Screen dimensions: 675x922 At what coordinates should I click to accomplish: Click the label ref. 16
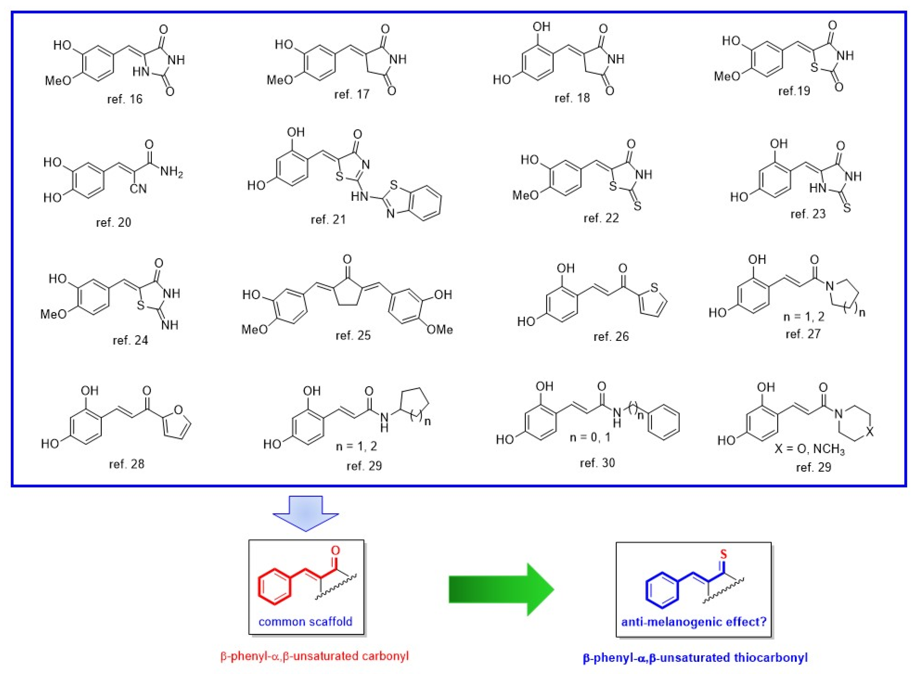pos(125,99)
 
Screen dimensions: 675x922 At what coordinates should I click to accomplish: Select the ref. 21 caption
pos(328,220)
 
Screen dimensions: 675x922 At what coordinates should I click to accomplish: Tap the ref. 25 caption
pos(353,335)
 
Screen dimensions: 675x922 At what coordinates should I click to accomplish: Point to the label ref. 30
pos(597,463)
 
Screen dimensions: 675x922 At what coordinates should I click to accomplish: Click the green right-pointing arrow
pos(501,589)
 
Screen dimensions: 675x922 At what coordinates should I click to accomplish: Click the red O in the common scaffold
pos(335,550)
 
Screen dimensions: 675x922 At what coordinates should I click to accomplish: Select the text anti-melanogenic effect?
pos(693,622)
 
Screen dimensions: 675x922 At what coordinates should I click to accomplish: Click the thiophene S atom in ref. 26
pos(654,288)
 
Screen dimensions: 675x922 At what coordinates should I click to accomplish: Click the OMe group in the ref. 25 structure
pos(440,329)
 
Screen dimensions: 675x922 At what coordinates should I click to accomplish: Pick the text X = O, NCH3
pos(809,449)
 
